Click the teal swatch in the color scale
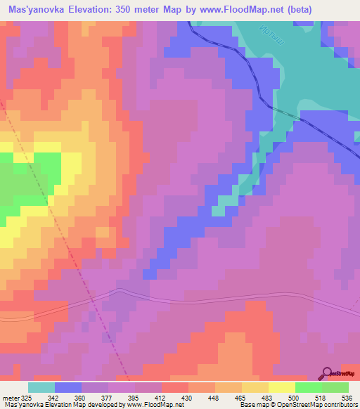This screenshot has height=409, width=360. tap(41, 387)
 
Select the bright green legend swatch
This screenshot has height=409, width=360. tap(308, 387)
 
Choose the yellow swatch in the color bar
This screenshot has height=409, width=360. tap(281, 387)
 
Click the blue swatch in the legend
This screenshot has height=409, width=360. tap(68, 387)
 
